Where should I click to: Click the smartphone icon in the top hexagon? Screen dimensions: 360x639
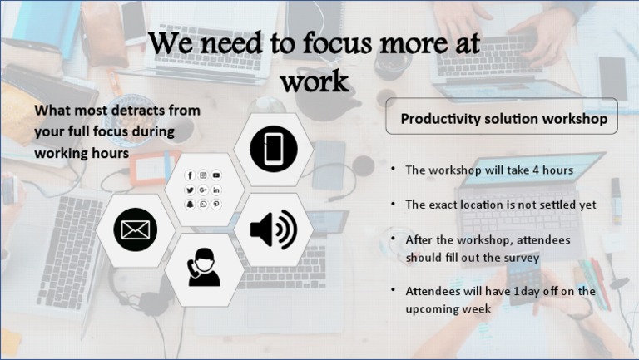[274, 149]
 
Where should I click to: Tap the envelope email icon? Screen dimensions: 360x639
[135, 229]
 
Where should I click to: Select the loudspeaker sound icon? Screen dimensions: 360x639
[273, 229]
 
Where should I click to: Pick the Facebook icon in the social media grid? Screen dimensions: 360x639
[191, 175]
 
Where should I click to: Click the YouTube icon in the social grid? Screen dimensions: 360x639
[216, 175]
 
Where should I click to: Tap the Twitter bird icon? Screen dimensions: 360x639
[191, 190]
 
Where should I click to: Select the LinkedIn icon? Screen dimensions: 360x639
[216, 190]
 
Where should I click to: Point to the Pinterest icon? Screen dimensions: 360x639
[216, 205]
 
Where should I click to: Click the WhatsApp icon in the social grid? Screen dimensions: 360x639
[203, 205]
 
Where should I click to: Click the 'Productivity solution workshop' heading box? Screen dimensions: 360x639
[502, 118]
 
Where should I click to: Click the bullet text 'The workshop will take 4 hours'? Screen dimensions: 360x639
[488, 170]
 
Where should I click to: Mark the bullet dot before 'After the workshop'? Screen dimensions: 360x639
[394, 239]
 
